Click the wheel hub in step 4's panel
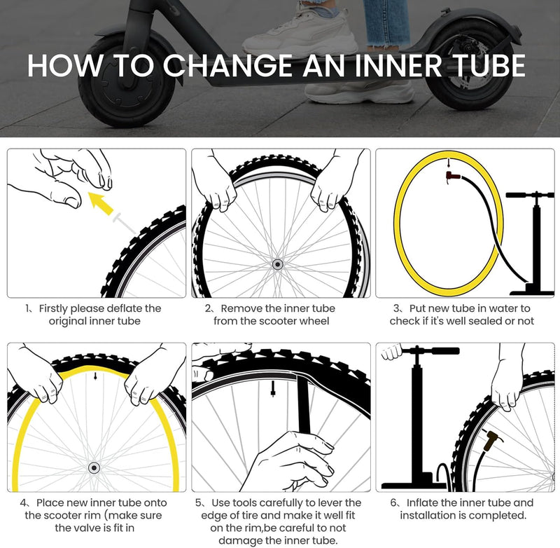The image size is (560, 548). pyautogui.click(x=94, y=467)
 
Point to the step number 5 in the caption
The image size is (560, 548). pyautogui.click(x=199, y=502)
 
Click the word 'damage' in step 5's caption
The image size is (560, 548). pyautogui.click(x=243, y=540)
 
